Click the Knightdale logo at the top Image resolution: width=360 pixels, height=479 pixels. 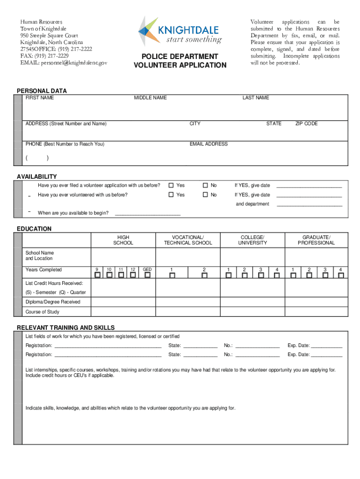(180, 31)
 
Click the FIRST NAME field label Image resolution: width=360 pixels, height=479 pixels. (40, 98)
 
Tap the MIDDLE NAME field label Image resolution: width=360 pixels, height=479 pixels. (150, 98)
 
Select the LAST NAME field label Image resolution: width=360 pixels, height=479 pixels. (255, 98)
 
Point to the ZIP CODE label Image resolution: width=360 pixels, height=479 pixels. (306, 123)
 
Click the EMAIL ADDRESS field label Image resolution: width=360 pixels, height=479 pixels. (209, 144)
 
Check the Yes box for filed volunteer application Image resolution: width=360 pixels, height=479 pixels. (171, 185)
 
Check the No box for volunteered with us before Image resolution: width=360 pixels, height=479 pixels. (205, 195)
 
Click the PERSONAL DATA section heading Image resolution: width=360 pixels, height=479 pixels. (42, 91)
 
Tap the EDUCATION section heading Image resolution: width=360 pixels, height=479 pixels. (34, 229)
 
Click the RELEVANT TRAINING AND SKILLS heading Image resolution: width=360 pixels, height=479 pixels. (66, 327)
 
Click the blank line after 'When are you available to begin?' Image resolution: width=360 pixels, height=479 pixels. (147, 213)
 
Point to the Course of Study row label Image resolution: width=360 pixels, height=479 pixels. (43, 312)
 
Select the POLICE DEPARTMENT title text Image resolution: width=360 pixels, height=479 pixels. (180, 57)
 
